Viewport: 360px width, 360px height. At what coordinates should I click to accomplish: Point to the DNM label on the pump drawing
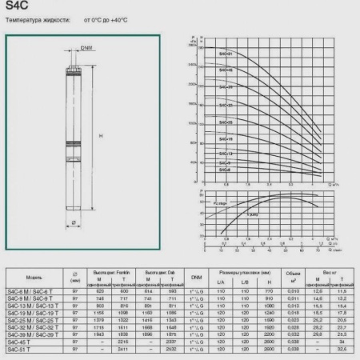(86, 48)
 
